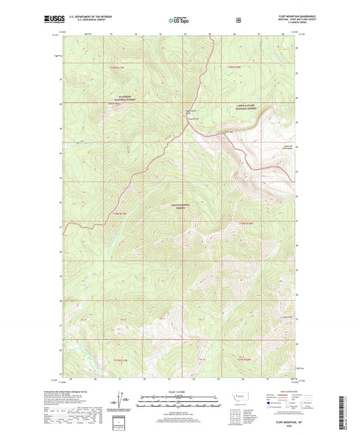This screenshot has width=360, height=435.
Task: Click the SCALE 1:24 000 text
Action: [180, 392]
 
